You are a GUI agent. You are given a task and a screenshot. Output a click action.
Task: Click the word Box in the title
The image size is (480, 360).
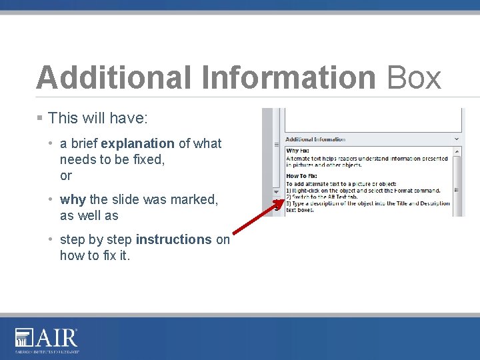click(x=414, y=77)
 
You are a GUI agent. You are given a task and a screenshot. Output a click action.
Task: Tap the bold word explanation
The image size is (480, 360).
click(x=137, y=143)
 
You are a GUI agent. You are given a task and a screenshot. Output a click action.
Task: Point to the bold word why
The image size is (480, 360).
click(x=73, y=199)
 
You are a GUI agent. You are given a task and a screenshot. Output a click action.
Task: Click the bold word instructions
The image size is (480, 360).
click(x=173, y=239)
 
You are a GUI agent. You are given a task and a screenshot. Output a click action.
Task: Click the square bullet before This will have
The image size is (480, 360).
click(x=40, y=118)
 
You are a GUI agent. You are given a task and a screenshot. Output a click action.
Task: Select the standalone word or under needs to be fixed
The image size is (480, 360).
click(x=65, y=176)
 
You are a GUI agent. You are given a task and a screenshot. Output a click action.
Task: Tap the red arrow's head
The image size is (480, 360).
click(x=279, y=202)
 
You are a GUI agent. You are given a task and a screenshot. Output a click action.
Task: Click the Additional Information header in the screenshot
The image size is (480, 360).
click(x=315, y=139)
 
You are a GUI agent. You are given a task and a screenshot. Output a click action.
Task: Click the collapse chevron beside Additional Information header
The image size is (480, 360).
click(x=457, y=139)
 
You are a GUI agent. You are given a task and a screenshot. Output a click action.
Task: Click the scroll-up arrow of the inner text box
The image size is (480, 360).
click(x=457, y=151)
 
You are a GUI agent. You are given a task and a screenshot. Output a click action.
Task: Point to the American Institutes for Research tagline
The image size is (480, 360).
click(x=47, y=351)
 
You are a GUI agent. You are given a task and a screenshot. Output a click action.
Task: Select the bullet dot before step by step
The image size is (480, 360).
click(x=51, y=239)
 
